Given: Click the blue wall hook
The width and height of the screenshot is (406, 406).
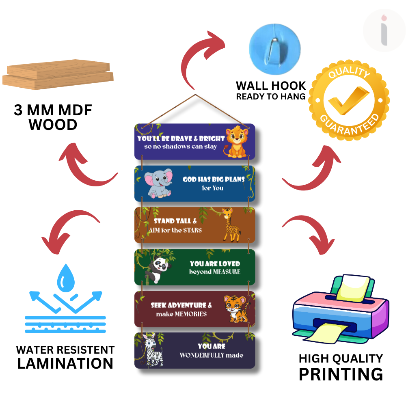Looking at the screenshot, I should click(x=275, y=45).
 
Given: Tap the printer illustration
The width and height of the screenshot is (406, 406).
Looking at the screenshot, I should click(x=340, y=309).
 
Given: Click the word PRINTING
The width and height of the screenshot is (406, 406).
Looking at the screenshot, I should click(x=341, y=374).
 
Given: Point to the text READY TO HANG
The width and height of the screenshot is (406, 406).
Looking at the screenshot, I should click(x=270, y=97).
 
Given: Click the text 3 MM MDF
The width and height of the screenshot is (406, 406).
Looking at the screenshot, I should click(x=53, y=110).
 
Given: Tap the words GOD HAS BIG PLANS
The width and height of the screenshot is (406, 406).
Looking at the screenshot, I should click(x=214, y=179).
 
